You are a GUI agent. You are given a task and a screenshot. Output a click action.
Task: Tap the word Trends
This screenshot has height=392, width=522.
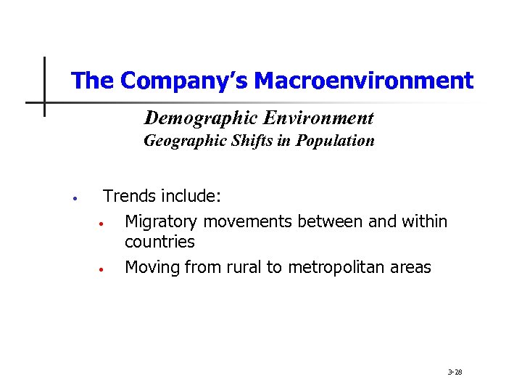coord(130,196)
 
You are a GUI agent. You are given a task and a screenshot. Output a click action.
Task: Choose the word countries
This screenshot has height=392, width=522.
coord(159,242)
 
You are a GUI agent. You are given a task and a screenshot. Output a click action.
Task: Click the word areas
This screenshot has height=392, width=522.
coord(410,267)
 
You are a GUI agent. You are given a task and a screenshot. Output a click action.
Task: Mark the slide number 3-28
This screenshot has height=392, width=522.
coord(455,372)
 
